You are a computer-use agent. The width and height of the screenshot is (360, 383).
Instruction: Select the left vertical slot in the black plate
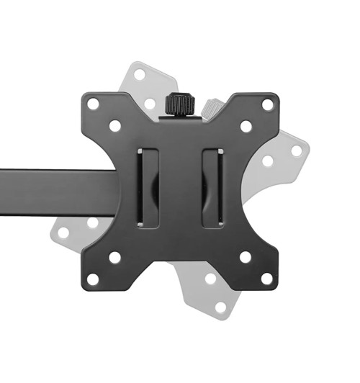coord(147,188)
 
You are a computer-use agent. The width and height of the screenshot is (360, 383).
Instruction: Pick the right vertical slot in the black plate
coord(212,188)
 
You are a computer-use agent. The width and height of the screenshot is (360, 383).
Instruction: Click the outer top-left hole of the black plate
coord(93,104)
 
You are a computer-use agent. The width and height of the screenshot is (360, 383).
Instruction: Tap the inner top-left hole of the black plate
coord(114,126)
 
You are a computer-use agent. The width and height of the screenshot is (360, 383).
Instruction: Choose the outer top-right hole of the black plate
coord(267,104)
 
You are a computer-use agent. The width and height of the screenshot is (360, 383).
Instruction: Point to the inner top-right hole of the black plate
coord(246,126)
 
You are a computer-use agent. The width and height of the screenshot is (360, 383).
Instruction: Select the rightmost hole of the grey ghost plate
coord(297,151)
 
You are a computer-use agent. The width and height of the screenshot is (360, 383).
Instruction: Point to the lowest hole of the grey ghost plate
coord(220,307)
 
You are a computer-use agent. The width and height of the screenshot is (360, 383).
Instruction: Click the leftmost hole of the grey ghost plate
coord(63,232)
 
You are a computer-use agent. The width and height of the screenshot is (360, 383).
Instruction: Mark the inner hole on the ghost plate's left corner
coord(92,222)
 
